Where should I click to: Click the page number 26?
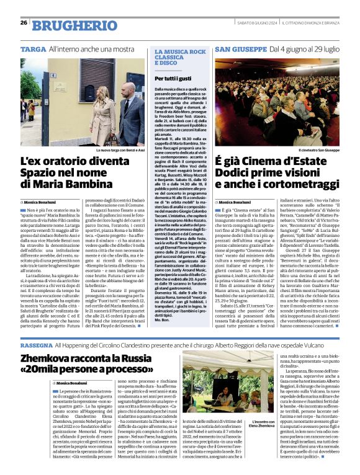click(24, 23)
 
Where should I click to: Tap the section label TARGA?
click(33, 48)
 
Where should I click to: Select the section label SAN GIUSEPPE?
click(240, 48)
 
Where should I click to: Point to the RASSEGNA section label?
click(36, 343)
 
